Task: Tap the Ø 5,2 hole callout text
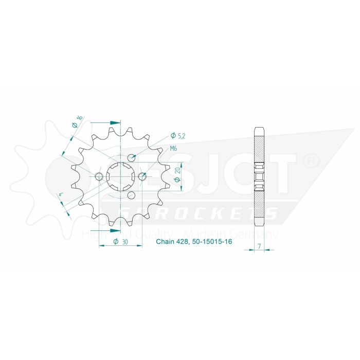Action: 177,136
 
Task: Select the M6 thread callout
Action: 174,149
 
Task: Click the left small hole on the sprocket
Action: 99,177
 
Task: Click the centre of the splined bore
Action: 120,177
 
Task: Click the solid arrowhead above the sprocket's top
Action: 114,123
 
